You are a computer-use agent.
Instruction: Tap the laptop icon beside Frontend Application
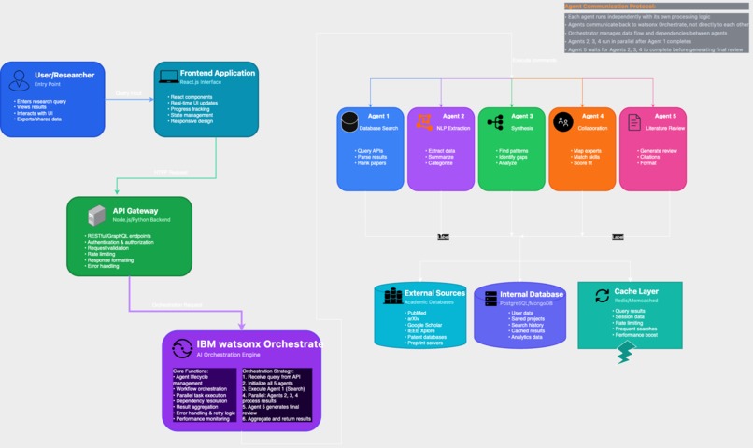click(x=169, y=77)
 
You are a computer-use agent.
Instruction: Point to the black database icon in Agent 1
click(x=350, y=121)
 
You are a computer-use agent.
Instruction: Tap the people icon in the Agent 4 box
click(x=563, y=121)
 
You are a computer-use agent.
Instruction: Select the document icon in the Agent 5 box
click(x=634, y=122)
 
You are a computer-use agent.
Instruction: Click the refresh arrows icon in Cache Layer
click(x=602, y=296)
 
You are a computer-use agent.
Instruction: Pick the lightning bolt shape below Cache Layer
click(x=625, y=352)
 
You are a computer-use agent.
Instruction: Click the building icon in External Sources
click(x=392, y=297)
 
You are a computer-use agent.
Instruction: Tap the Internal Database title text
click(x=531, y=295)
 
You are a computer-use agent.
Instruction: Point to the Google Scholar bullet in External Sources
click(x=425, y=324)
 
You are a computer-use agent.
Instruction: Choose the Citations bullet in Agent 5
click(x=650, y=157)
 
